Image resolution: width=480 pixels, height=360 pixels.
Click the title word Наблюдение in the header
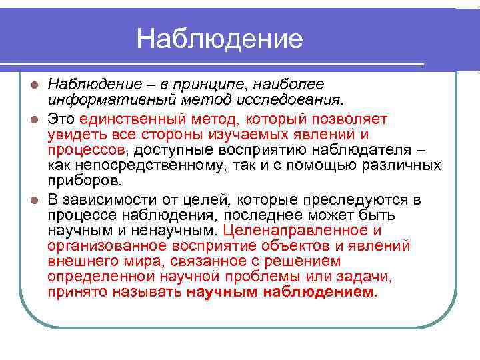(219, 39)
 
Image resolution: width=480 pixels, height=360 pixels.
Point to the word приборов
(85, 179)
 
